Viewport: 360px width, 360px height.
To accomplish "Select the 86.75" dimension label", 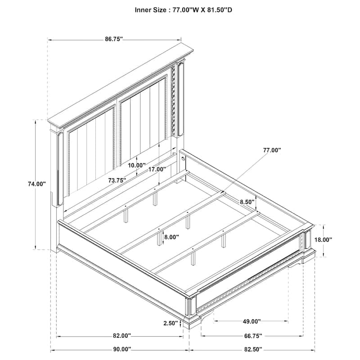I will point(114,39).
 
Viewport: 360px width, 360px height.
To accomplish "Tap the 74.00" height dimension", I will point(36,184).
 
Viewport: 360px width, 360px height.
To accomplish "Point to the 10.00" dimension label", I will point(136,165).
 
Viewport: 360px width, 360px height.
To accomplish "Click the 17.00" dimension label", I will point(157,170).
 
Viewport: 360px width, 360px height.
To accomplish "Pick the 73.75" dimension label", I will point(117,180).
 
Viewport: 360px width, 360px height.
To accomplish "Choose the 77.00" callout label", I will point(272,150).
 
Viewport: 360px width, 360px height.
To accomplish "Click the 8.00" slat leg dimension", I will point(171,237).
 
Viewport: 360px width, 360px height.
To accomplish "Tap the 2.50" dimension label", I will point(171,323).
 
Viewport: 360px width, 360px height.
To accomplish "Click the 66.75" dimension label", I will point(253,336).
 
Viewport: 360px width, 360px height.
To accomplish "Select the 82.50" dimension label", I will point(253,349).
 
